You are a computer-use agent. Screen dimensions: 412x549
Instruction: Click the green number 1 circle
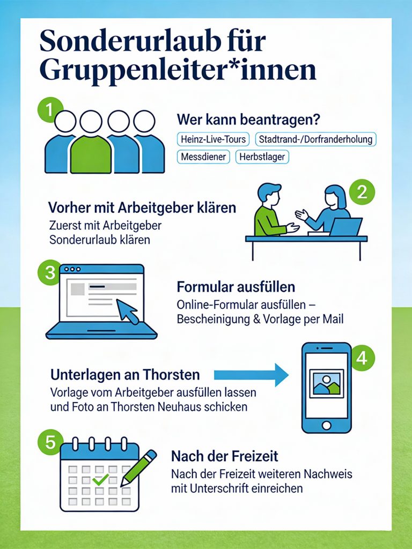coord(49,110)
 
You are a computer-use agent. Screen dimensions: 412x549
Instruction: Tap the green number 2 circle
coord(362,192)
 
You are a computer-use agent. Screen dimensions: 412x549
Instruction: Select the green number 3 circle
coord(50,272)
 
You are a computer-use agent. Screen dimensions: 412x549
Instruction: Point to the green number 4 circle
coord(362,358)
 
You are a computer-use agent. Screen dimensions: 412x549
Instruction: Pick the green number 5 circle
coord(50,442)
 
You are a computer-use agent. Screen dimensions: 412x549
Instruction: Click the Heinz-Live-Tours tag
coord(213,139)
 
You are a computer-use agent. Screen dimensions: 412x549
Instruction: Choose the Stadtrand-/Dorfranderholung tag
coord(315,139)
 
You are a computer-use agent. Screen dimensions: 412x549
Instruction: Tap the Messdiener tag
coord(203,157)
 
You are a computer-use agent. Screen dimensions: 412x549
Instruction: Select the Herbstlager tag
coord(262,157)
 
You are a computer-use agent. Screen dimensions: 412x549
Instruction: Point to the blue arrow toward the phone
coord(251,375)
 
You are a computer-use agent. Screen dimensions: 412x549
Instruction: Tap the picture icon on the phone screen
coord(327,383)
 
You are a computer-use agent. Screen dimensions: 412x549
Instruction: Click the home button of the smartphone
coord(327,425)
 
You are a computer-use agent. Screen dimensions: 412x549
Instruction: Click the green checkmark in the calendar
coord(100,479)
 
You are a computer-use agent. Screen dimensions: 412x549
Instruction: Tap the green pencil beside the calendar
coord(138,468)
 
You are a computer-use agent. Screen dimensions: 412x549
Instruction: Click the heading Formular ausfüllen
coord(236,287)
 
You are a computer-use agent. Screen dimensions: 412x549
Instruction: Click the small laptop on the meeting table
coord(345,227)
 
